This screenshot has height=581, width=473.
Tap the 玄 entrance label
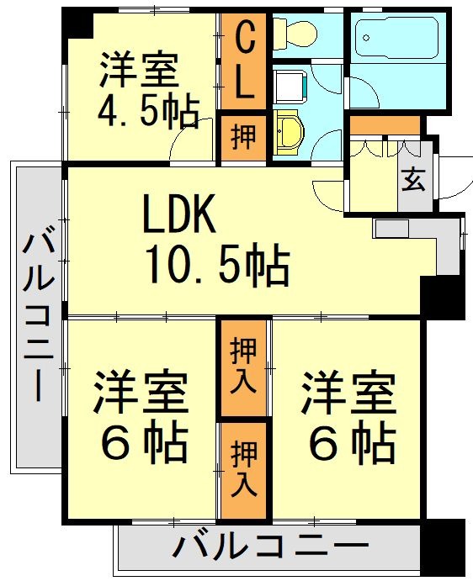(x=412, y=180)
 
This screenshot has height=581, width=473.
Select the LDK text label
(x=179, y=216)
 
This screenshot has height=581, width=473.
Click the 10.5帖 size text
(x=217, y=265)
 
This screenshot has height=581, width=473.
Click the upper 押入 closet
(x=243, y=367)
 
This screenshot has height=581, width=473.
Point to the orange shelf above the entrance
(x=385, y=126)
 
